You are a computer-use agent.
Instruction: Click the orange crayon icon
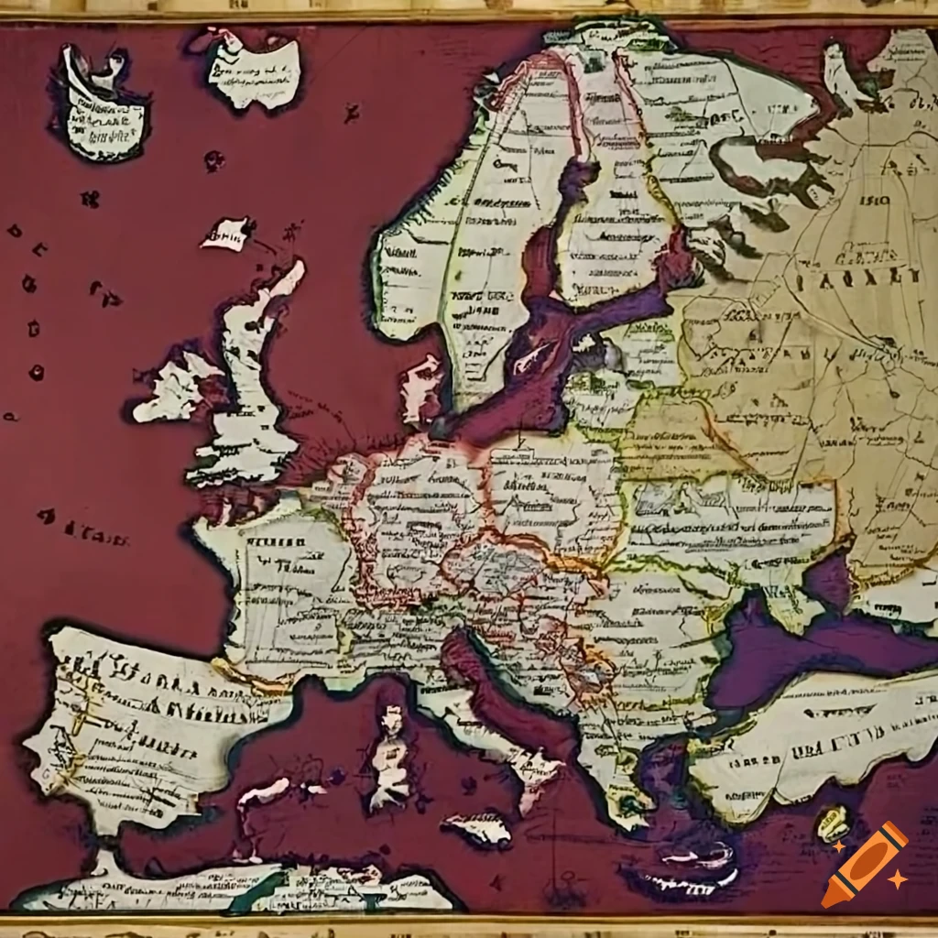(x=864, y=865)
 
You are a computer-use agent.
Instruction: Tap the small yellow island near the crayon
(x=831, y=822)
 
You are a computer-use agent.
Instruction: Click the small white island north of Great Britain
(x=227, y=233)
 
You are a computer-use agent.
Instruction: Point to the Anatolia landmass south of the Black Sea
(x=806, y=742)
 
